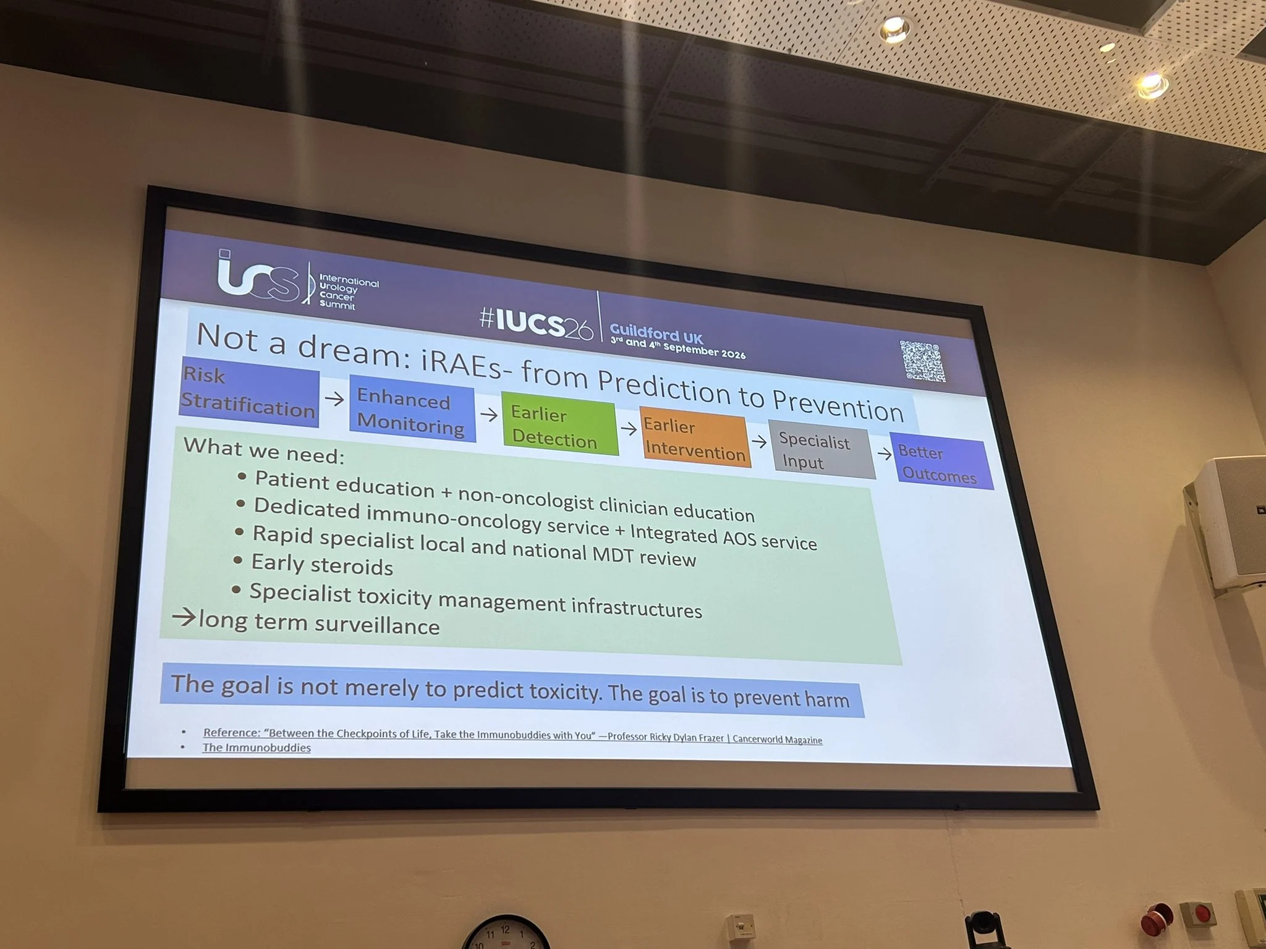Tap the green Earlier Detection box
(x=559, y=425)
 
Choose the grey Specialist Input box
(x=822, y=450)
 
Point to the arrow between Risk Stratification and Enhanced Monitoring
(x=334, y=399)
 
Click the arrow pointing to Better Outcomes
(x=885, y=454)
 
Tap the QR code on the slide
(x=922, y=361)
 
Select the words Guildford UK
(x=656, y=334)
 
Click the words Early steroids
(x=322, y=565)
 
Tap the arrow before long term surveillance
(x=184, y=617)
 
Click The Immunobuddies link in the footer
(x=257, y=748)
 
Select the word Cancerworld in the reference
(x=757, y=739)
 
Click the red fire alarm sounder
(x=1157, y=920)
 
